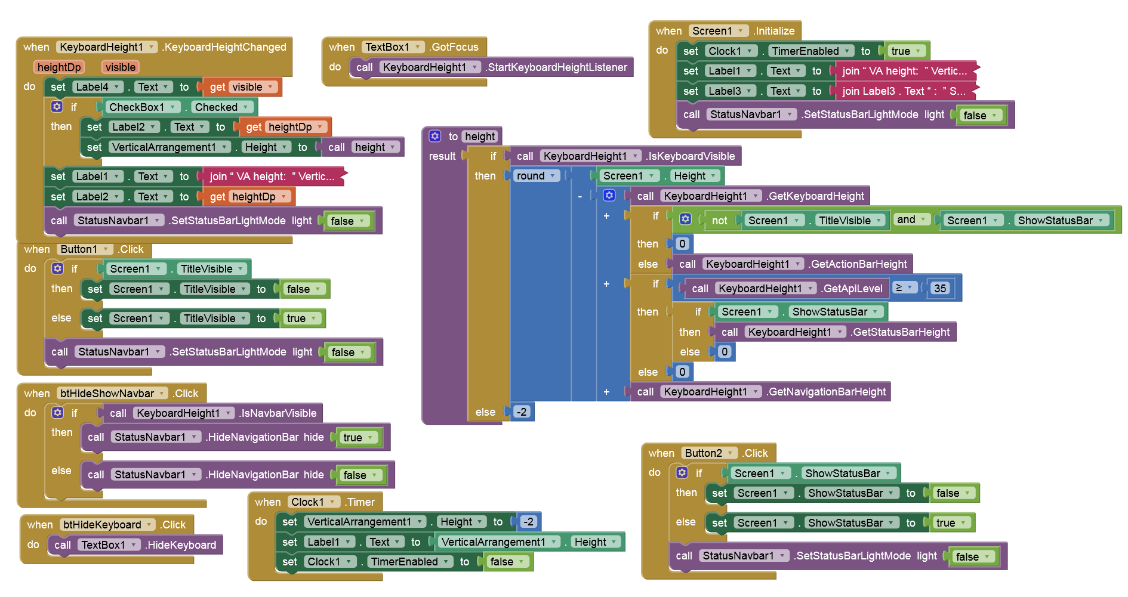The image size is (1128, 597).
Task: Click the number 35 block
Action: point(940,289)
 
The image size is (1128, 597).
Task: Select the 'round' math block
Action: point(531,176)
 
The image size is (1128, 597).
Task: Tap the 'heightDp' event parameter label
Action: point(59,67)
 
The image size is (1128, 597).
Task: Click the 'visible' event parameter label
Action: point(121,67)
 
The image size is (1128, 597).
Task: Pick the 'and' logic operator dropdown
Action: point(911,219)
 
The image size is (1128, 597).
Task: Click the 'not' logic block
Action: point(719,221)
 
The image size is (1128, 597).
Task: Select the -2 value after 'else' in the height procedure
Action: point(522,412)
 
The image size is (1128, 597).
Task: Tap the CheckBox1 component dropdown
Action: point(142,107)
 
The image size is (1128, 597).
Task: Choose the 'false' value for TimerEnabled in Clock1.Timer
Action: point(506,562)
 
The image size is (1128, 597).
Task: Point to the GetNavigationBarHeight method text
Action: point(827,392)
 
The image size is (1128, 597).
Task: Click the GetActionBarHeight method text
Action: point(858,264)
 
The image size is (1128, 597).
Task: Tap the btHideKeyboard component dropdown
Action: point(107,525)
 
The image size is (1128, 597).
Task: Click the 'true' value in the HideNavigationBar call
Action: point(357,438)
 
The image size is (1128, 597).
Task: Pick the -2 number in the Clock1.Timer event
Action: point(528,522)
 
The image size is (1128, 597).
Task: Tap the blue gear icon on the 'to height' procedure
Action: point(435,137)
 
